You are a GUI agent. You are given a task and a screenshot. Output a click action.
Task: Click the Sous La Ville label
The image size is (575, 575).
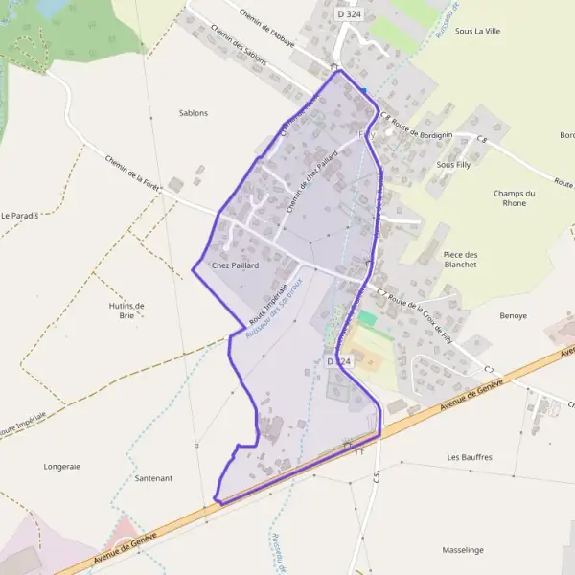(478, 31)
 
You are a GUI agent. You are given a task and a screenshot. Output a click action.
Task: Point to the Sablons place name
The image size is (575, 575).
(193, 113)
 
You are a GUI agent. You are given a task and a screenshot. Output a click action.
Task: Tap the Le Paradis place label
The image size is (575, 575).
(19, 215)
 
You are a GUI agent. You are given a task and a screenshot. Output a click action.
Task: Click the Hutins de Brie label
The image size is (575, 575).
(126, 310)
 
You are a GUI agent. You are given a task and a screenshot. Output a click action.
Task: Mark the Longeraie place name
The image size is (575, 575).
(62, 467)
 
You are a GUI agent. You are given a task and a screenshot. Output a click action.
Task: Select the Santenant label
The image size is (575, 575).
(154, 477)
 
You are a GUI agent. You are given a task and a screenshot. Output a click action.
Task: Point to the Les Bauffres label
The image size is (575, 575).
(470, 457)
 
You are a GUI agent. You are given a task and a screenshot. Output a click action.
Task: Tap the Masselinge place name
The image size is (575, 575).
(464, 550)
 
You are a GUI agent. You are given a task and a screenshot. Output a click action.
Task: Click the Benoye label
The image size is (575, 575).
(514, 314)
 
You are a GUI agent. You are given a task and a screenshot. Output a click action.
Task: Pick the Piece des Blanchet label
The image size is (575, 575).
(461, 259)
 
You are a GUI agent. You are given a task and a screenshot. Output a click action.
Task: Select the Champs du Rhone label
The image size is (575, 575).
(515, 198)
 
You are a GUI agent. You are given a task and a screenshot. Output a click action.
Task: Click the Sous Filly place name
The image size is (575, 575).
(453, 165)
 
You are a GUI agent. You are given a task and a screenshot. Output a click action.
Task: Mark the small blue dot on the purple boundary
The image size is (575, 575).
(364, 91)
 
